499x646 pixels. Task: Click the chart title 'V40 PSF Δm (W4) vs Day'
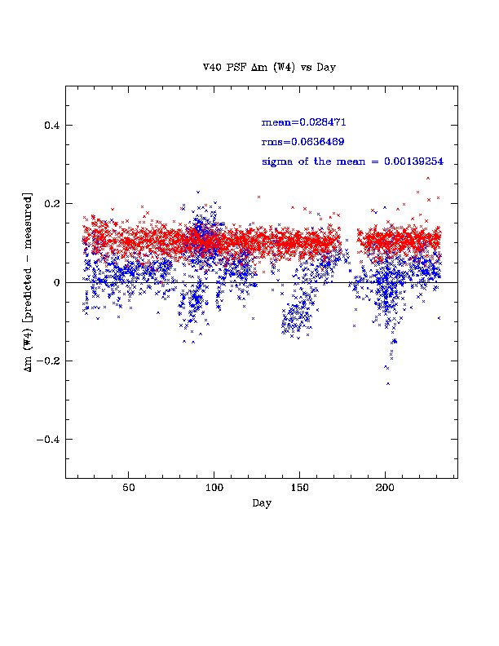coord(269,68)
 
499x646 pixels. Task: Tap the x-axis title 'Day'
coord(261,503)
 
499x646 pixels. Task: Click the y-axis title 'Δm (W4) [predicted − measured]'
coord(30,282)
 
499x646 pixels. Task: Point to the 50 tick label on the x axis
coord(129,489)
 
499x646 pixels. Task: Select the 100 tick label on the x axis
coord(214,489)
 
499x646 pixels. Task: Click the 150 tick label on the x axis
coord(299,489)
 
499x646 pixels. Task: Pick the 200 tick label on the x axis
coord(385,489)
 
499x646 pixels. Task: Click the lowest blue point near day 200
coord(388,383)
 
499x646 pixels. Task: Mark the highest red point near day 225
coord(428,178)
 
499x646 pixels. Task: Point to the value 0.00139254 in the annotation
coord(413,161)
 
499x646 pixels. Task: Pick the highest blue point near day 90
coord(197,192)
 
